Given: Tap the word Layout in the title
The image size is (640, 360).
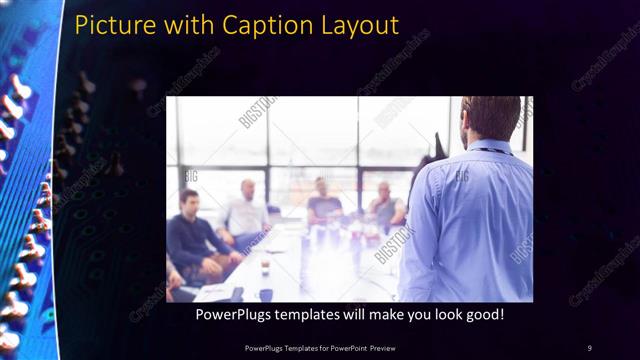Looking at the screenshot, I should pos(359,24).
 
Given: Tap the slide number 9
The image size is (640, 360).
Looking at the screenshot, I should pos(589,347).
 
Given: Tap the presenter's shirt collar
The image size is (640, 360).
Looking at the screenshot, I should pos(490,148).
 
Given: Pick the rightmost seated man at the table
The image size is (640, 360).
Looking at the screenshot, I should pos(386,205).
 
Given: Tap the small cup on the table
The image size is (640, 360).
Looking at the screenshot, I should pos(265,267).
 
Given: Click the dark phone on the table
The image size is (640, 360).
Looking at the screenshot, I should pos(237,294).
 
